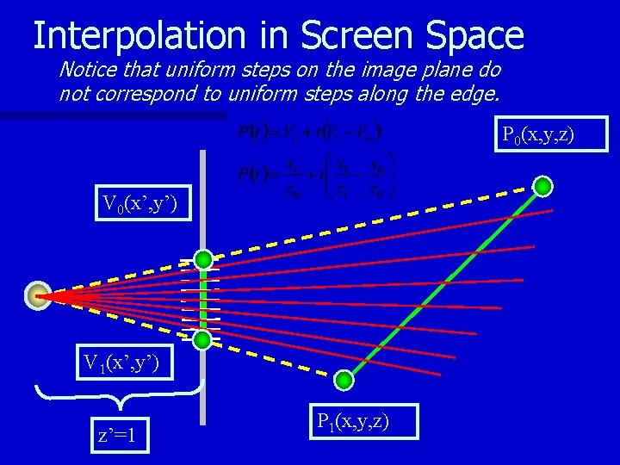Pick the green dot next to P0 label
pyautogui.click(x=543, y=185)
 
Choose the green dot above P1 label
pyautogui.click(x=344, y=380)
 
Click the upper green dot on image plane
pyautogui.click(x=202, y=259)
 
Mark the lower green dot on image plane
pyautogui.click(x=202, y=340)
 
